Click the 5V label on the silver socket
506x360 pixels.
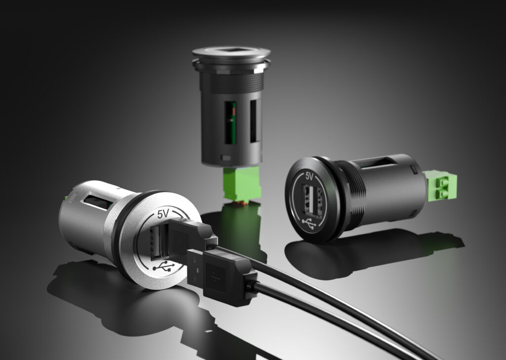(x=163, y=214)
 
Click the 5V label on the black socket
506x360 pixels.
(x=309, y=176)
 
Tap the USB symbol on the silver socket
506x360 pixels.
(x=164, y=266)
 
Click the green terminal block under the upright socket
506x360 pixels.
(x=242, y=184)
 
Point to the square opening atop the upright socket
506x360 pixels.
(x=231, y=51)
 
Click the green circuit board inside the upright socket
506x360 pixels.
(x=231, y=123)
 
